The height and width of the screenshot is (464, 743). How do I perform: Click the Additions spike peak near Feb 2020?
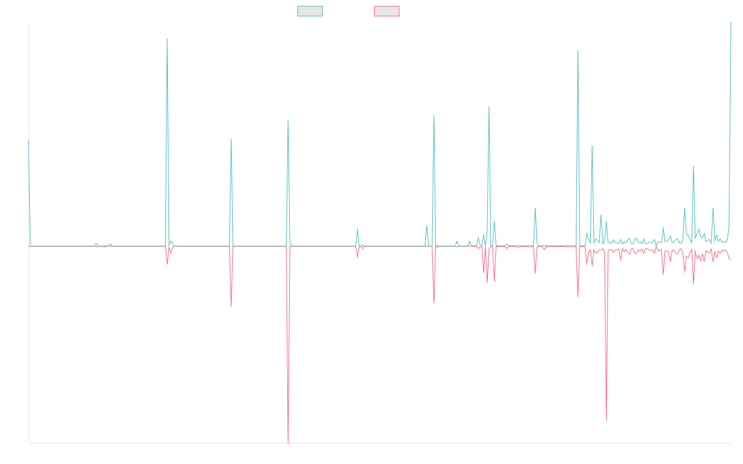pyautogui.click(x=167, y=38)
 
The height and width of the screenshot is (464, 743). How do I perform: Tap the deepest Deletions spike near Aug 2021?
pyautogui.click(x=288, y=442)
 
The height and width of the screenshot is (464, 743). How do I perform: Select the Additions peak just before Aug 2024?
pyautogui.click(x=578, y=50)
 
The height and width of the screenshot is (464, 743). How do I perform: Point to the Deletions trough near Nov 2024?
pyautogui.click(x=606, y=419)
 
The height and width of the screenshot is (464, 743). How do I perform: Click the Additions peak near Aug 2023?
pyautogui.click(x=489, y=106)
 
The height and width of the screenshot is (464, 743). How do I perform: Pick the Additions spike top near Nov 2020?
pyautogui.click(x=231, y=139)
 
